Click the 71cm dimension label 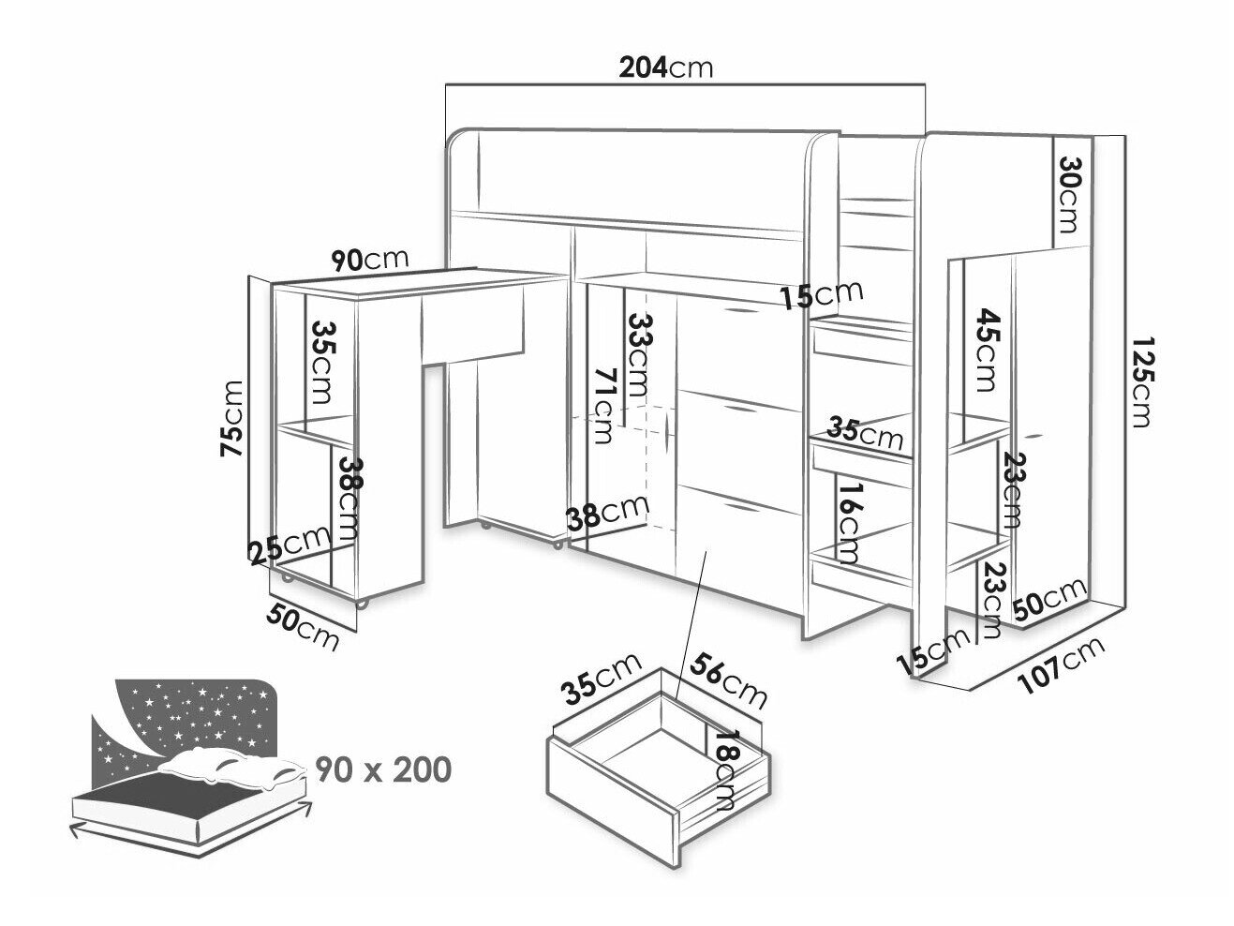(x=602, y=407)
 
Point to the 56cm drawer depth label (x=728, y=680)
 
